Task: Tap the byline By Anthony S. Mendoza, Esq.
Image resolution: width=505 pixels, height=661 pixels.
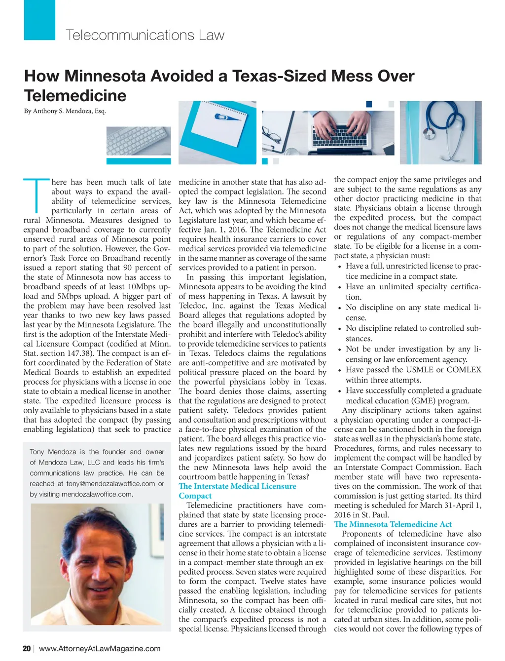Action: (65, 111)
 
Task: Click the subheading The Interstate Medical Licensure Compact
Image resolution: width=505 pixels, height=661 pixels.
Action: (237, 491)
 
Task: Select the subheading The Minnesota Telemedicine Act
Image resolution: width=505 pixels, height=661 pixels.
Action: (393, 524)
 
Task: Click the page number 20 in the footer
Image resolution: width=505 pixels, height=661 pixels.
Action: (27, 649)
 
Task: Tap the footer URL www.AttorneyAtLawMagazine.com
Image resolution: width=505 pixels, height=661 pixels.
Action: (100, 649)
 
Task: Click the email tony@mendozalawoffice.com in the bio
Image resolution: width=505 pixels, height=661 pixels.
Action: (110, 484)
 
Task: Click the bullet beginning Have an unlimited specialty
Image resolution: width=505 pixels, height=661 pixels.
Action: (413, 292)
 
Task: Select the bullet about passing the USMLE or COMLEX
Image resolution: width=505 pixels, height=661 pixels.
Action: (413, 375)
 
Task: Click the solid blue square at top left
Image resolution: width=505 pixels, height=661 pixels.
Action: (39, 20)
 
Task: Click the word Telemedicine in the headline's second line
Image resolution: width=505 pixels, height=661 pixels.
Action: (75, 96)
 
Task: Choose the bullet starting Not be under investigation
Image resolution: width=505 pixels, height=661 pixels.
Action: (413, 354)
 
